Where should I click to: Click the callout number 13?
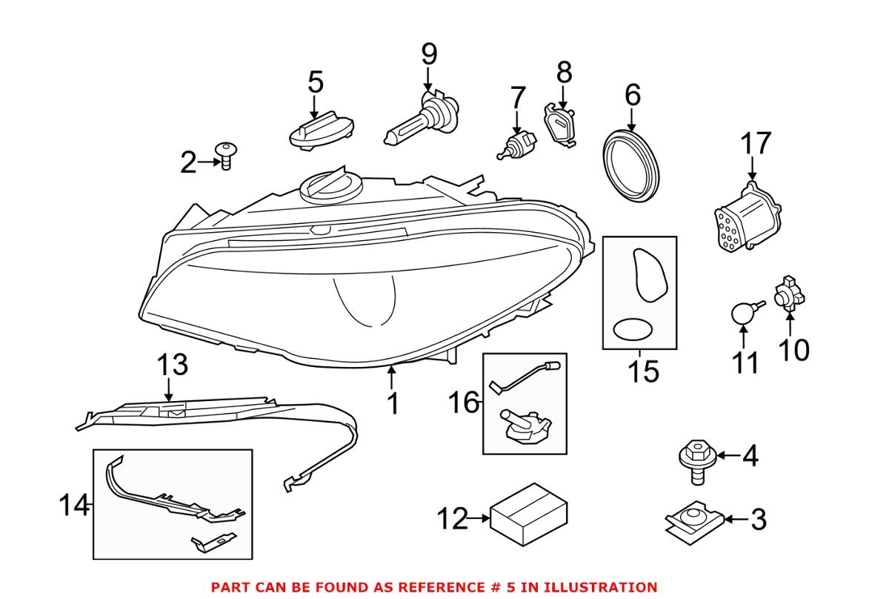coord(171,365)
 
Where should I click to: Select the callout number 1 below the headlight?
coord(393,404)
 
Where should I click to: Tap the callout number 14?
coord(74,506)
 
